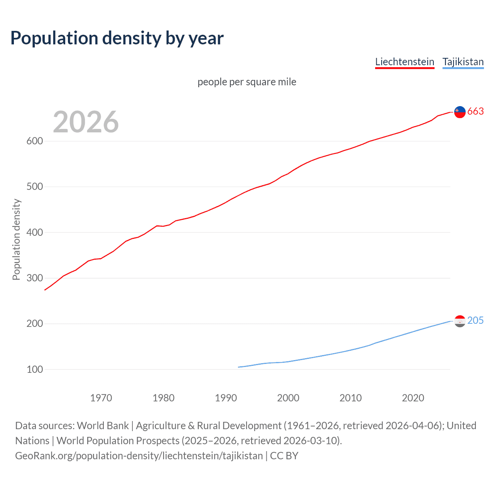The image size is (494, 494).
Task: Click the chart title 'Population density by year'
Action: pos(117,38)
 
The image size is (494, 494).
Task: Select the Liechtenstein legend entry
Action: pos(404,62)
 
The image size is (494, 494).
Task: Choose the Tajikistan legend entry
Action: pos(463,62)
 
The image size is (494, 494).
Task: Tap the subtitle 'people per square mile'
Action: pos(247,82)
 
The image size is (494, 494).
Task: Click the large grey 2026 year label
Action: pos(86,122)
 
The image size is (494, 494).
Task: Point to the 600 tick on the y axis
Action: pos(34,141)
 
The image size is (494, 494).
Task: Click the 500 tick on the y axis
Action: pos(34,187)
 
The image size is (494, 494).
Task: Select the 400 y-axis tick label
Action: pos(34,232)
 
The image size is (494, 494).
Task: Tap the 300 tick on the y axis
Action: pos(34,278)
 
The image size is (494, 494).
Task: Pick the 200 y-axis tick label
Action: pos(34,324)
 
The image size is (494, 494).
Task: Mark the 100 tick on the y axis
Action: pos(34,369)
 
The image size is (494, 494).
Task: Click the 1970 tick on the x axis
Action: pos(101,398)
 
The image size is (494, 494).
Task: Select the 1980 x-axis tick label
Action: pos(163,398)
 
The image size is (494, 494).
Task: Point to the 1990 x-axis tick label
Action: pos(226,398)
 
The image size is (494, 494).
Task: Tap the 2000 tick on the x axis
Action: pos(288,398)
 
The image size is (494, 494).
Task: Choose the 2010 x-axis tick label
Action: pos(350,398)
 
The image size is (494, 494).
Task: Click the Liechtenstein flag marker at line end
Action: pos(460,112)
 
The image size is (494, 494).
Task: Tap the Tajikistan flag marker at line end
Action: pos(460,321)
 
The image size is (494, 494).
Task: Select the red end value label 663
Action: pos(475,112)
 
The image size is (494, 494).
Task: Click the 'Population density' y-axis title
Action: pos(16,239)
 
